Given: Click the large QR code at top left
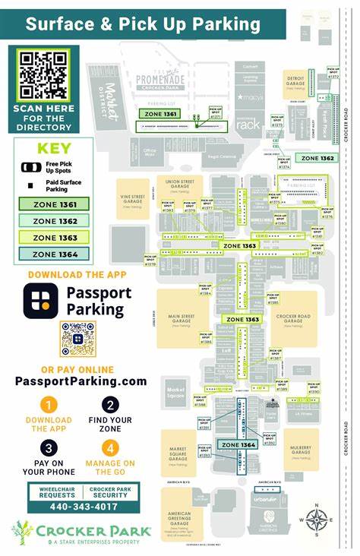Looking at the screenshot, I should coord(43,74).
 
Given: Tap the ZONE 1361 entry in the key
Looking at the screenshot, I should coord(54,204).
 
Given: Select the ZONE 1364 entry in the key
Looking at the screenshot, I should coord(54,254).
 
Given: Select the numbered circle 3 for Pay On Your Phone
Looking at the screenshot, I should coord(49,447).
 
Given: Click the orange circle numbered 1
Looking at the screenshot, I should coord(49,405).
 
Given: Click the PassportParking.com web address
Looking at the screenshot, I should coord(80,381).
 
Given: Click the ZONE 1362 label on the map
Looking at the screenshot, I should coord(317,158).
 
